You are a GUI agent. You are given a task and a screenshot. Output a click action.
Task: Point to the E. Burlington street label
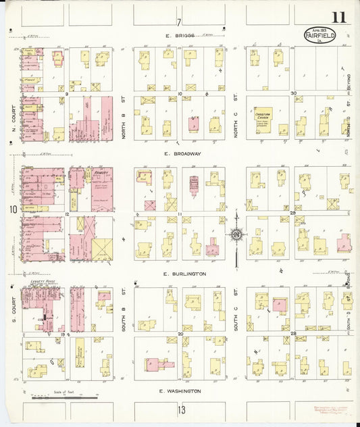click(x=184, y=274)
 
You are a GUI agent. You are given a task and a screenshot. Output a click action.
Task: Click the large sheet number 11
click(x=338, y=18)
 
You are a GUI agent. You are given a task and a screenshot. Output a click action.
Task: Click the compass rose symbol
click(x=236, y=235)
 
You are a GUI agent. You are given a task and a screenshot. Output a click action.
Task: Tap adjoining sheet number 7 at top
click(x=180, y=21)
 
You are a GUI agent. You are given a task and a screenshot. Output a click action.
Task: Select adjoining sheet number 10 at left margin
click(x=12, y=209)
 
